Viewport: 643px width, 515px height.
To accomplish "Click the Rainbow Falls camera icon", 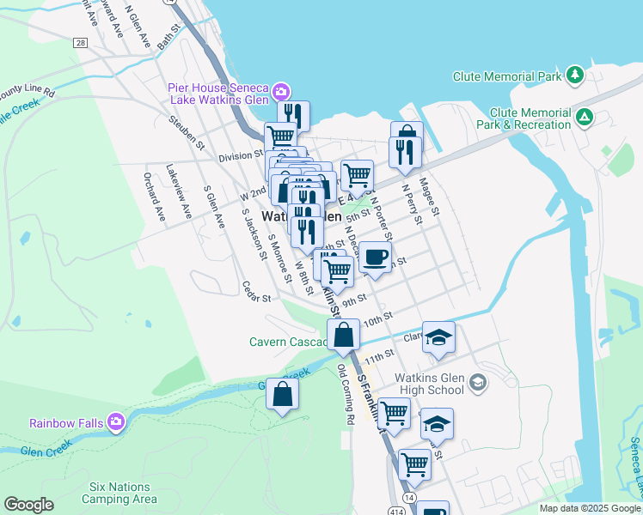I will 116,422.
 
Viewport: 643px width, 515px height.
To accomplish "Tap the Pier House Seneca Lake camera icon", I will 280,91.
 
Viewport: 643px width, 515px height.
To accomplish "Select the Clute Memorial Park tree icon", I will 574,76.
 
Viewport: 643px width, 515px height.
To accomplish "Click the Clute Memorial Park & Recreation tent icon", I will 585,117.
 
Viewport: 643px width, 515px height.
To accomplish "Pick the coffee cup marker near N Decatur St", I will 375,257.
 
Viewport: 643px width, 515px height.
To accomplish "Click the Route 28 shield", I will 81,43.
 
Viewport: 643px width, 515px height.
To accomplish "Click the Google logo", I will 28,505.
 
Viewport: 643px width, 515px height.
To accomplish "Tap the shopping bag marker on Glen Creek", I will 282,396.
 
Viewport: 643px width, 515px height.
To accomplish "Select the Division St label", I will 240,156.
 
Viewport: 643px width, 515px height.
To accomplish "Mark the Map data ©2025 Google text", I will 590,508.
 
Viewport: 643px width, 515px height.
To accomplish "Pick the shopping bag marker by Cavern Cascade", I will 344,336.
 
